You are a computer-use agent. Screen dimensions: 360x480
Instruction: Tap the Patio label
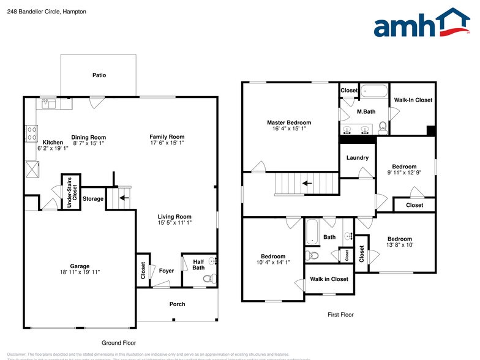99,75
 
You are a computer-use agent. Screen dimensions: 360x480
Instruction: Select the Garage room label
80,266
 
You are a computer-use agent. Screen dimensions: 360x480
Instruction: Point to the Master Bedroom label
289,122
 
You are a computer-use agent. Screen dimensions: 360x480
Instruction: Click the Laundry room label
358,158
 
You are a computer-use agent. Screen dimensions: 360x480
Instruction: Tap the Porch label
177,304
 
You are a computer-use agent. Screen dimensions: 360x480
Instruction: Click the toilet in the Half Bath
208,279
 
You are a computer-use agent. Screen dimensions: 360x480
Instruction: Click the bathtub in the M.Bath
373,92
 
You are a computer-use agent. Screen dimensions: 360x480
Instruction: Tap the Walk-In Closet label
413,100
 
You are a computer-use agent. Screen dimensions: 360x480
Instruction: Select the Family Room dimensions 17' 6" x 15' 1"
167,143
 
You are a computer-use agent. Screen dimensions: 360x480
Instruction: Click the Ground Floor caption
119,343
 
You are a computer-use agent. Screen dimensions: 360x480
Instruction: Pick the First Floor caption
340,315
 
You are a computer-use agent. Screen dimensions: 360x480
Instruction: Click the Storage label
93,198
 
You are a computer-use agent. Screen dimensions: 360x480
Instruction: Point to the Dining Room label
89,137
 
